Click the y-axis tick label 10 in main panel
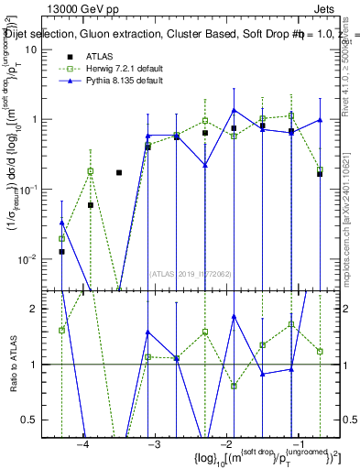(29, 49)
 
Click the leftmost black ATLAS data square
(61, 251)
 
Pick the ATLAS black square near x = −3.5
(119, 172)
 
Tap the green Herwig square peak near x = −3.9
(91, 171)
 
